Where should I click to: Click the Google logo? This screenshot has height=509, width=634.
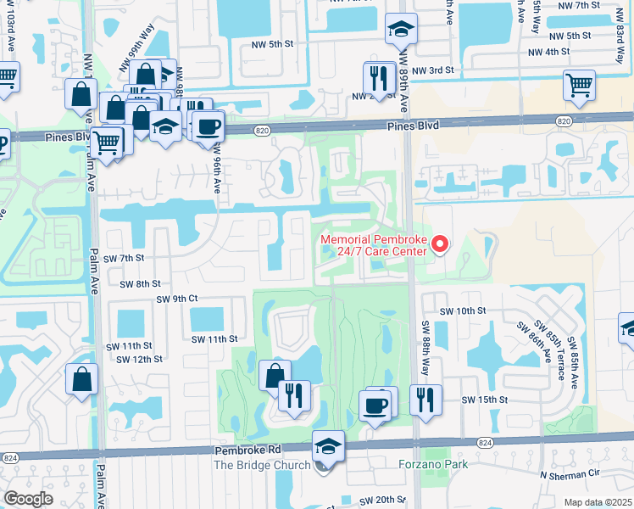pyautogui.click(x=29, y=498)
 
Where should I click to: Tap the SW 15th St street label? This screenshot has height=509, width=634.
pyautogui.click(x=484, y=400)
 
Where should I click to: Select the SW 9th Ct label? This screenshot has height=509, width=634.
pyautogui.click(x=176, y=299)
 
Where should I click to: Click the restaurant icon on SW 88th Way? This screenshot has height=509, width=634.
pyautogui.click(x=425, y=398)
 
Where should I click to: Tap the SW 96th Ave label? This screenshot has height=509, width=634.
pyautogui.click(x=217, y=171)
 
